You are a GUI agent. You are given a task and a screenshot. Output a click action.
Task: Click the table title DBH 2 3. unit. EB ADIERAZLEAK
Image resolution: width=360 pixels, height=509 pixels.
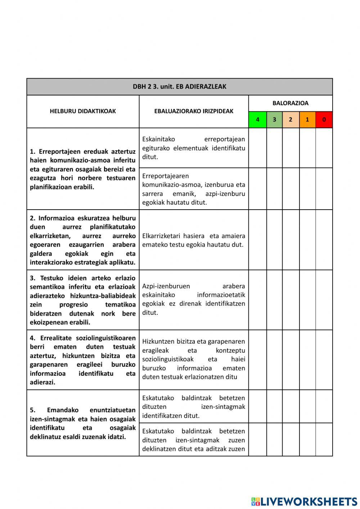179,86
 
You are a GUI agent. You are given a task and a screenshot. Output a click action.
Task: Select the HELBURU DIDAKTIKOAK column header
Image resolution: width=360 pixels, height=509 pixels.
83,111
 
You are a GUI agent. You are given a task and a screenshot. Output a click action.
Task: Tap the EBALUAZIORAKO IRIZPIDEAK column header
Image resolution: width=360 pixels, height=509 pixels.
194,111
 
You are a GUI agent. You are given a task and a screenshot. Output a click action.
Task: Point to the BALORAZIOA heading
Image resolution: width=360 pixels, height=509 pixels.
290,103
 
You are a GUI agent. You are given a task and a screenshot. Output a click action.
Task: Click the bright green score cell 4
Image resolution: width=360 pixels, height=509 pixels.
257,120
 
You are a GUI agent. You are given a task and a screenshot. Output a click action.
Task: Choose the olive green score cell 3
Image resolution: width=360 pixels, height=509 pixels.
274,120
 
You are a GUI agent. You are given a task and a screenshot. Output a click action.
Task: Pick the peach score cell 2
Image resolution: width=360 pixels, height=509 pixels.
291,120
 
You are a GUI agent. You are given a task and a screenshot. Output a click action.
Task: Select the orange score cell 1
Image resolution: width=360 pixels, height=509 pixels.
307,120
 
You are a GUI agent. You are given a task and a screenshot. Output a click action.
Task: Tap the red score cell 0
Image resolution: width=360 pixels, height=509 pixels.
324,120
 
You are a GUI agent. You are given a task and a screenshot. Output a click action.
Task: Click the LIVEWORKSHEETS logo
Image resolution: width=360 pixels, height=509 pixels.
304,501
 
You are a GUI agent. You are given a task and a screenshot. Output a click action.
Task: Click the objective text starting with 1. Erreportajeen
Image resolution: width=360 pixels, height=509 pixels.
83,169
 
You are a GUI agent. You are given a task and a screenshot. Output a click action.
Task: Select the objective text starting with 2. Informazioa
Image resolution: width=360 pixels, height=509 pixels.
83,240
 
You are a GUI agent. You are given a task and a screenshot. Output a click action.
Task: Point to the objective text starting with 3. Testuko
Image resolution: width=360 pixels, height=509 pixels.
83,300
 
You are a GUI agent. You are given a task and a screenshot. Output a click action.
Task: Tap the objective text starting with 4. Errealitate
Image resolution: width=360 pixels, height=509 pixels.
83,360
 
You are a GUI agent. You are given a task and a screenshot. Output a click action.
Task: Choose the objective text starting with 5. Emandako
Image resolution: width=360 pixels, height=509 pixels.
83,423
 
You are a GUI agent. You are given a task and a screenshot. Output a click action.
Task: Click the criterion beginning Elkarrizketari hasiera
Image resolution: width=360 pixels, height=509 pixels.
194,240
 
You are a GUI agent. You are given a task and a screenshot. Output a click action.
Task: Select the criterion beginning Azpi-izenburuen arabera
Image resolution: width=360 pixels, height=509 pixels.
194,299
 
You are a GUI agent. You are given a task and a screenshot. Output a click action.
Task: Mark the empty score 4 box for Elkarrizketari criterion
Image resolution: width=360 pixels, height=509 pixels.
257,240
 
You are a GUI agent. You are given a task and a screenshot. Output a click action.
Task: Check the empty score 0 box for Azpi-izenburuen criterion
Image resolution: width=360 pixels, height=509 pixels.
324,300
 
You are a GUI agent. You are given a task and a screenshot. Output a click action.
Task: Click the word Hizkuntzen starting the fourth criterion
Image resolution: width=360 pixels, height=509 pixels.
158,341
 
